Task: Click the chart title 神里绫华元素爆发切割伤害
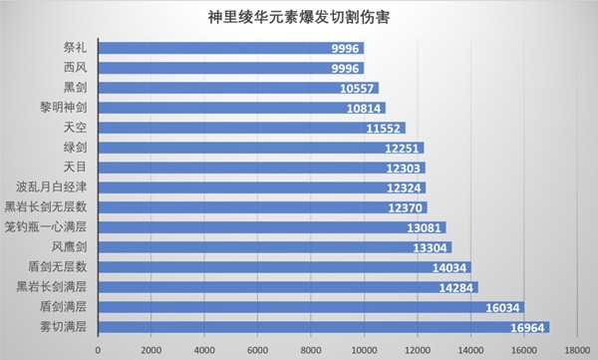click(299, 17)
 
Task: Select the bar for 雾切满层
click(324, 327)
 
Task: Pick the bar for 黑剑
click(238, 88)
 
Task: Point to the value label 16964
click(529, 327)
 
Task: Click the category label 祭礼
click(75, 48)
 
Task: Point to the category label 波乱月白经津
click(52, 187)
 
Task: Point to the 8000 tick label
click(311, 349)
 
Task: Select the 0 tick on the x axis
click(99, 349)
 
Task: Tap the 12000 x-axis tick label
click(418, 349)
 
